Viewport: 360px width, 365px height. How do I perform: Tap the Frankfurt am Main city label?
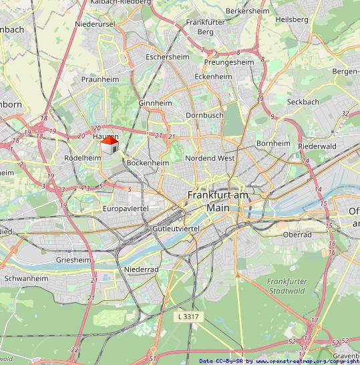[x=217, y=201]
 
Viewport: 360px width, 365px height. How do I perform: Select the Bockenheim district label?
[x=148, y=162]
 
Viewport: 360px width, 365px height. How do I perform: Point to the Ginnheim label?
[x=155, y=104]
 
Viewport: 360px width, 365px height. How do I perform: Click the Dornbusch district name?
[x=204, y=115]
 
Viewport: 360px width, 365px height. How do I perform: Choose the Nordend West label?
[x=210, y=158]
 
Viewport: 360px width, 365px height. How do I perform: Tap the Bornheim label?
[x=273, y=143]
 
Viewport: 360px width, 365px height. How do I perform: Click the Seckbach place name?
[x=303, y=102]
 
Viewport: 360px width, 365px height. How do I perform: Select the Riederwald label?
[x=316, y=145]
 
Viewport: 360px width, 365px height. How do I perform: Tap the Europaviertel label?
[x=126, y=209]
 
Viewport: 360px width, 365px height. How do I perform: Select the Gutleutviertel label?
[x=176, y=229]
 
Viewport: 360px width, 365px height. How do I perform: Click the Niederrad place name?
[x=141, y=269]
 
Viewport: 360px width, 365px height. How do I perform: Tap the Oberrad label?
[x=297, y=235]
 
